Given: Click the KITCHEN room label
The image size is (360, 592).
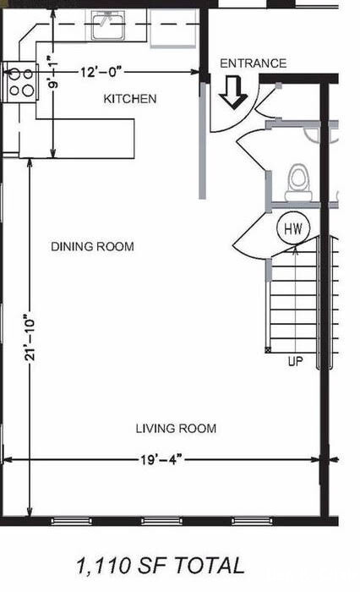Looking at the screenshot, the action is (130, 99).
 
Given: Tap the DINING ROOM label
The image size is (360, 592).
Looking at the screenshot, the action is (92, 247).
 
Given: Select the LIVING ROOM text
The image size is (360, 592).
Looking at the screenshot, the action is (176, 429).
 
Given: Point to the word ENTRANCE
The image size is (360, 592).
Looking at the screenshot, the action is (253, 63).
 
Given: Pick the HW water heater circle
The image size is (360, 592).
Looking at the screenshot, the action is (293, 228).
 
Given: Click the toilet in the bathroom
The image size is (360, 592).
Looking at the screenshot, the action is (299, 183).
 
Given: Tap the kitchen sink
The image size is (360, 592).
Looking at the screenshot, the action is (109, 25).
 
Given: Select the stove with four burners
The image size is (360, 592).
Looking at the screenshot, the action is (19, 82).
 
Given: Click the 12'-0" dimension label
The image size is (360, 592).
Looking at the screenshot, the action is (101, 72).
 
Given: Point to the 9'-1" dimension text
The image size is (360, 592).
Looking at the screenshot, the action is (53, 73).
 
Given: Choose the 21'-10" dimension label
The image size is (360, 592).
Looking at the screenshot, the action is (30, 337).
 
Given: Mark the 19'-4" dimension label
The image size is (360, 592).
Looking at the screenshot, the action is (161, 460).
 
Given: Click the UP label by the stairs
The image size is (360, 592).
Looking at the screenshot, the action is (296, 362).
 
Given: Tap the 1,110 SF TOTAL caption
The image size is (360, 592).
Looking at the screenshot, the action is (161, 566).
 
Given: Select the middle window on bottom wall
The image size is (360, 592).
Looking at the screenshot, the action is (162, 522).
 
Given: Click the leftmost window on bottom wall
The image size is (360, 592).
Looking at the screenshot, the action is (71, 522).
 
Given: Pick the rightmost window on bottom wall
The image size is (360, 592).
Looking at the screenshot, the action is (252, 522).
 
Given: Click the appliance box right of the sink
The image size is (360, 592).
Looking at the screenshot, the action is (174, 28).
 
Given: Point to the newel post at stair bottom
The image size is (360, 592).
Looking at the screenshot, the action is (268, 350).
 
